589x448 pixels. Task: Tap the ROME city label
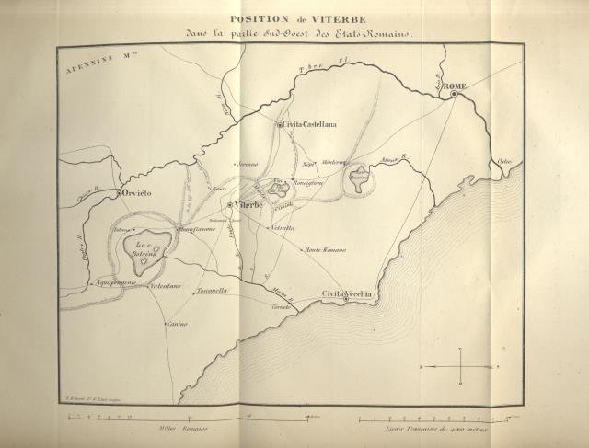(455, 86)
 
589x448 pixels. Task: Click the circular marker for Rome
(454, 93)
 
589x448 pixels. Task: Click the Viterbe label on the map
(249, 203)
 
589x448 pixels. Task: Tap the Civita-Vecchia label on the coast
(346, 293)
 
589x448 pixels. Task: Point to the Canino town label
(178, 324)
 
